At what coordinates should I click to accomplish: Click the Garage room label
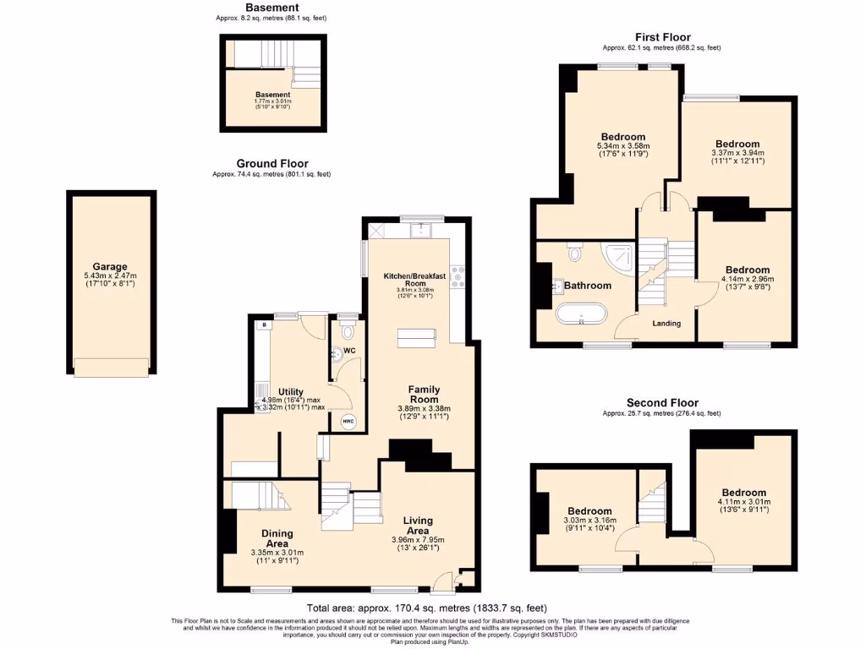(111, 266)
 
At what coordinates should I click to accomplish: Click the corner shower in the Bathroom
(619, 256)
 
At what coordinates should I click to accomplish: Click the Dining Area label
(277, 538)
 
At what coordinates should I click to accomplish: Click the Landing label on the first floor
(666, 323)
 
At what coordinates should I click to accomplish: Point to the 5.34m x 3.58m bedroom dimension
(623, 146)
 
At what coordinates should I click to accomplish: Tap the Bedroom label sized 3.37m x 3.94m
(737, 144)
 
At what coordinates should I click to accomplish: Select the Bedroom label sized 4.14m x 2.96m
(747, 270)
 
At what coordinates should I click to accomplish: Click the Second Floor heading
(662, 403)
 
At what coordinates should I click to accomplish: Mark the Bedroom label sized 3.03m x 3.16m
(589, 511)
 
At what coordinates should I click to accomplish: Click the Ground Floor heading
(271, 164)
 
